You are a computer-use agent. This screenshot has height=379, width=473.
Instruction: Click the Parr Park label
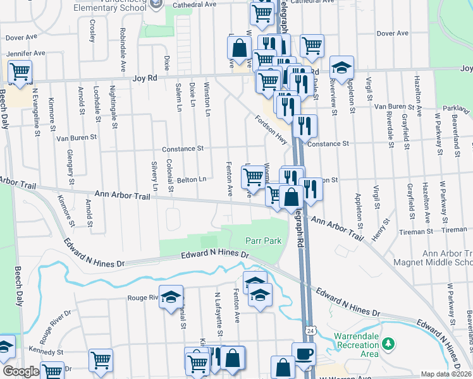(x=263, y=241)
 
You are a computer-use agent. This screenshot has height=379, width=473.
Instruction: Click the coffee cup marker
(x=303, y=353)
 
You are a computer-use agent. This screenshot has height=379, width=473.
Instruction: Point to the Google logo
(x=20, y=371)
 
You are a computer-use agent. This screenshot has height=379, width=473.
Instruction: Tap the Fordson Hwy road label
(x=271, y=128)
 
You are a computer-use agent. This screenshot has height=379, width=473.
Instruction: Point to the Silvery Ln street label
(x=154, y=176)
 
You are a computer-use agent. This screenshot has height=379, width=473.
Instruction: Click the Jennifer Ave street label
(x=26, y=54)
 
